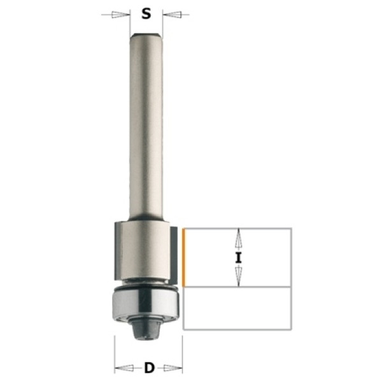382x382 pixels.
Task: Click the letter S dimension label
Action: [146, 13]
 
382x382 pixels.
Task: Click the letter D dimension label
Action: [150, 368]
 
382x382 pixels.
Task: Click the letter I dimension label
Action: [238, 258]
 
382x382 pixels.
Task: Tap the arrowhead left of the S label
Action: [120, 15]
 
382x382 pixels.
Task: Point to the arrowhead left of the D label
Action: [124, 368]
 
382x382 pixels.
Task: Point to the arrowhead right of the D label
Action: [173, 368]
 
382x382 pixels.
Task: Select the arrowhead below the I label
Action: [239, 277]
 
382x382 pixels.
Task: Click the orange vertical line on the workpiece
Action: [184, 257]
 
